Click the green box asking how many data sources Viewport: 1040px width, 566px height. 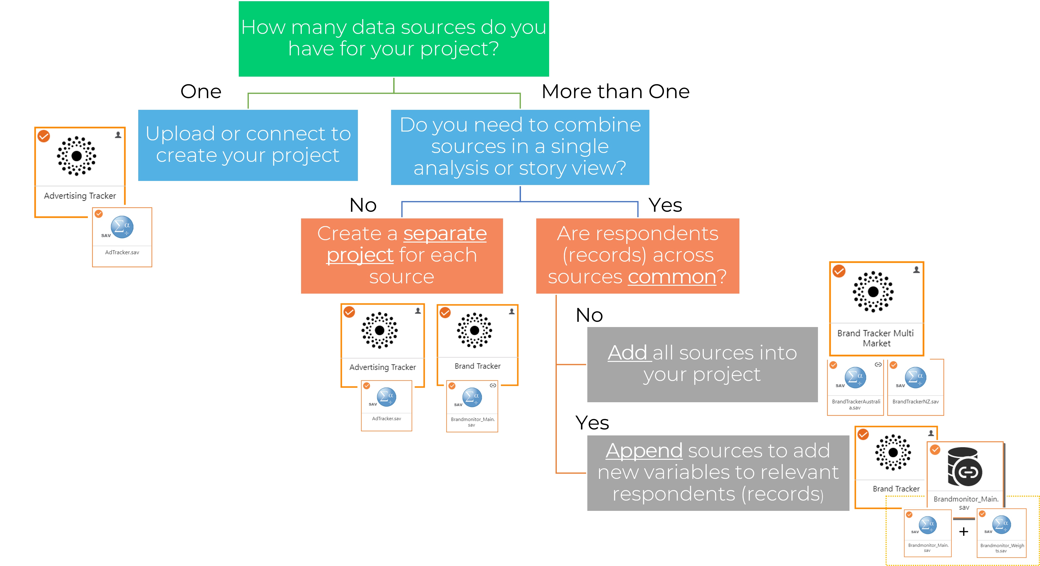(x=394, y=38)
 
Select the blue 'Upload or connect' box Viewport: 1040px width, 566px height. (x=248, y=145)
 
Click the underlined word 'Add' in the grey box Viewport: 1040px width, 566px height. (x=629, y=353)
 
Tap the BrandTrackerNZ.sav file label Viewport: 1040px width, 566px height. (x=915, y=402)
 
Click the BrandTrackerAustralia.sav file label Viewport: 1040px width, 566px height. (x=855, y=404)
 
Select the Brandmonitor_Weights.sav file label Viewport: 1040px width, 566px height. (x=1002, y=548)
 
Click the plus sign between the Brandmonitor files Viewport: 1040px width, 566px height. (x=963, y=532)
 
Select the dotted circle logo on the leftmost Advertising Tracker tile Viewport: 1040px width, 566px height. (x=77, y=156)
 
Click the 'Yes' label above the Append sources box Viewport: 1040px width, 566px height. (x=592, y=423)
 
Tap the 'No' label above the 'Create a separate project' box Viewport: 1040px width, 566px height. (x=363, y=205)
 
